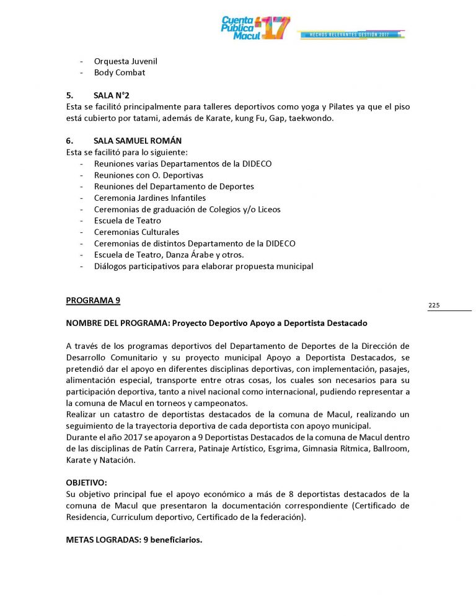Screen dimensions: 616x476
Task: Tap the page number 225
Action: click(434, 305)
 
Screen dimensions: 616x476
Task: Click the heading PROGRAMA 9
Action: click(93, 301)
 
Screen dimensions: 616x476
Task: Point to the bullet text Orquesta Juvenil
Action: click(125, 61)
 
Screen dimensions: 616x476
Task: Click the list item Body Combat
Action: click(120, 73)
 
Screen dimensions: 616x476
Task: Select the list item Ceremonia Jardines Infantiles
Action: click(149, 198)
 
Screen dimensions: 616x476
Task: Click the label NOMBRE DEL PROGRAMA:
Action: click(118, 323)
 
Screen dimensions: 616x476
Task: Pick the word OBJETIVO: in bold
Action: click(86, 482)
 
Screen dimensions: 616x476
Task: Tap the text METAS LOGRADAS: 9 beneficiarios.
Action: click(134, 539)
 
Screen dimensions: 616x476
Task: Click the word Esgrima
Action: click(283, 448)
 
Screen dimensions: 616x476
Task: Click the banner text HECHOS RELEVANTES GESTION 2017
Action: click(351, 34)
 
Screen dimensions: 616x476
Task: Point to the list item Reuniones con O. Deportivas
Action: click(149, 175)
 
